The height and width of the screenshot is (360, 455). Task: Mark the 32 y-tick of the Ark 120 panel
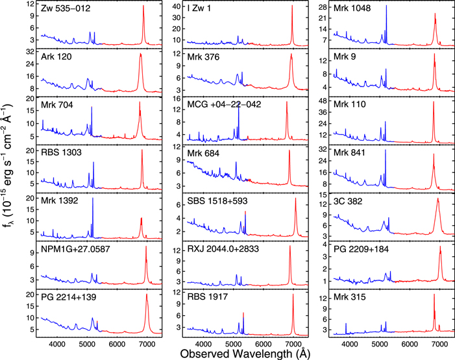[x=29, y=51]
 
